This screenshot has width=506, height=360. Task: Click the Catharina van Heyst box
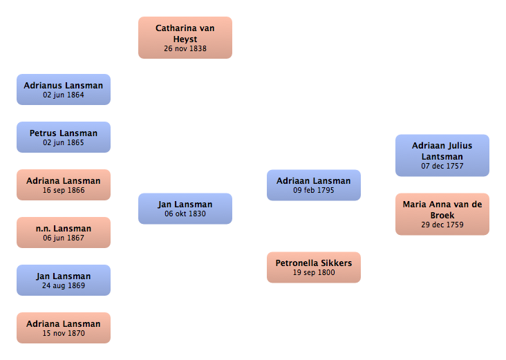185,38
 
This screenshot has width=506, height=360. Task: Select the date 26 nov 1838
185,48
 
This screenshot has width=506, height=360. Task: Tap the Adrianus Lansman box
64,89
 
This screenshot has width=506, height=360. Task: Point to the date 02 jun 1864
64,95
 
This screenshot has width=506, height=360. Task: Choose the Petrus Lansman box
64,137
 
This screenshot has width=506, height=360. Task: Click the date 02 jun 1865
64,143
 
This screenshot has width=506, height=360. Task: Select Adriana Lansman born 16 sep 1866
64,185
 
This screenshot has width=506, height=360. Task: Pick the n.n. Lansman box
64,233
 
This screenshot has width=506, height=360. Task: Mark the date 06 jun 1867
64,238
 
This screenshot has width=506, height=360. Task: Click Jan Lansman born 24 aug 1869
64,280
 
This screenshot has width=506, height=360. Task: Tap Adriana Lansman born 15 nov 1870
64,328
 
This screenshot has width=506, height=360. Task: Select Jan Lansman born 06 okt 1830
185,209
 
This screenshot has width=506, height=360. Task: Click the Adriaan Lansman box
314,185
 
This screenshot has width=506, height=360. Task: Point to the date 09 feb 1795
314,190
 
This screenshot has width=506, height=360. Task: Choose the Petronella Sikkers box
314,267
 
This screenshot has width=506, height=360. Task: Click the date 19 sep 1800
314,272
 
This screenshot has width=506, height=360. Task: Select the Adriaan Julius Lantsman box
442,155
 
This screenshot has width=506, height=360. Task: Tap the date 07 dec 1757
442,166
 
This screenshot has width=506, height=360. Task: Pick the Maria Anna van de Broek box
442,214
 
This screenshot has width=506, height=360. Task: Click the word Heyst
185,39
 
